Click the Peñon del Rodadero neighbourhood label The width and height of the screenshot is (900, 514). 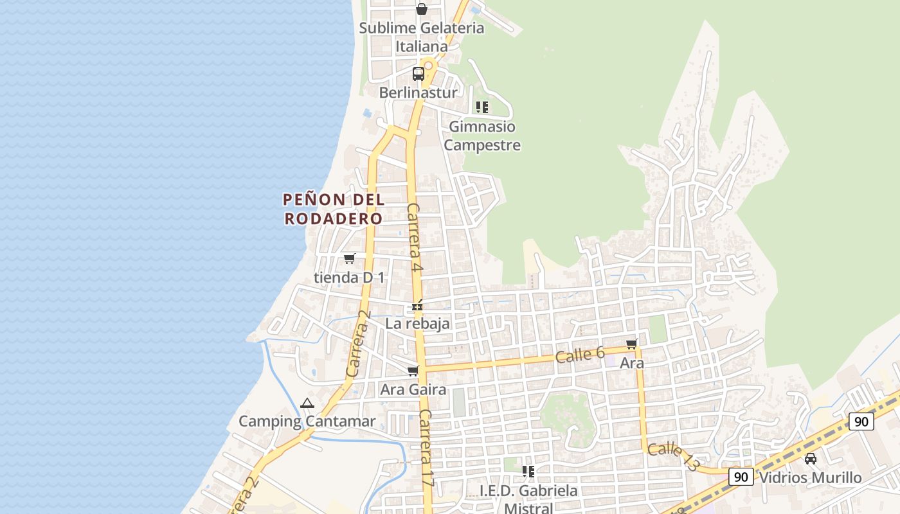pos(334,209)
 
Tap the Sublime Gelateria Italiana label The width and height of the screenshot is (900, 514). pos(422,37)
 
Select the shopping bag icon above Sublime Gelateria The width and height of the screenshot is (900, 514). pos(422,9)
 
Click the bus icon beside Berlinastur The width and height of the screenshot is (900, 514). pos(419,73)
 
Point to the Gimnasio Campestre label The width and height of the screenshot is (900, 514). pos(482,136)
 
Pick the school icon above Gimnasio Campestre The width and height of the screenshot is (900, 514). pos(482,107)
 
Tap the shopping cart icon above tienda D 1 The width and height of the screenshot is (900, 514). pos(349,258)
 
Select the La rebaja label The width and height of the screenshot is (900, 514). pos(418,324)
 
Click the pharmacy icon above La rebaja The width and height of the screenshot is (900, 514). pos(418,306)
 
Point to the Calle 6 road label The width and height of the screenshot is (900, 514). pos(580,355)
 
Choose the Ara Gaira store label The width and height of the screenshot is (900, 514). pos(413,389)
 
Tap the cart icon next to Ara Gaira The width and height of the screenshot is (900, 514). pos(413,371)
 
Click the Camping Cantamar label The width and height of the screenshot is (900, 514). pos(307,421)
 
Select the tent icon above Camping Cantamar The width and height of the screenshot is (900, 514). pos(307,403)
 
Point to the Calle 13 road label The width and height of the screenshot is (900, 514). pos(672,456)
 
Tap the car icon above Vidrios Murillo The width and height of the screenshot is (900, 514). pos(811,459)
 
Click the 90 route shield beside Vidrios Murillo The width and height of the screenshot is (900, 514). pos(741,477)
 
